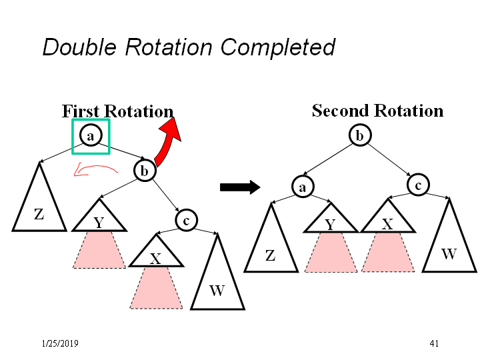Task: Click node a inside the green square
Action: (x=91, y=135)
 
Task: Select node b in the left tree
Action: (x=144, y=171)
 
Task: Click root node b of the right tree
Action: (x=359, y=136)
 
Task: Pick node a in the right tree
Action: (x=302, y=187)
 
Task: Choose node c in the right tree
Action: (x=417, y=185)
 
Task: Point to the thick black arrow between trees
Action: (x=239, y=187)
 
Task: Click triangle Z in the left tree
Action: (x=39, y=203)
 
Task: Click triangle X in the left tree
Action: (x=155, y=253)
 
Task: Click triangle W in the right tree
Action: (x=449, y=243)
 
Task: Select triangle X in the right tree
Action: (x=387, y=219)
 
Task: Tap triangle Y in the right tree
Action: (x=331, y=219)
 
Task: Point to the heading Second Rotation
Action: (x=377, y=111)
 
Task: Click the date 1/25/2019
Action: (x=59, y=343)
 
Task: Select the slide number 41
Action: (x=434, y=343)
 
